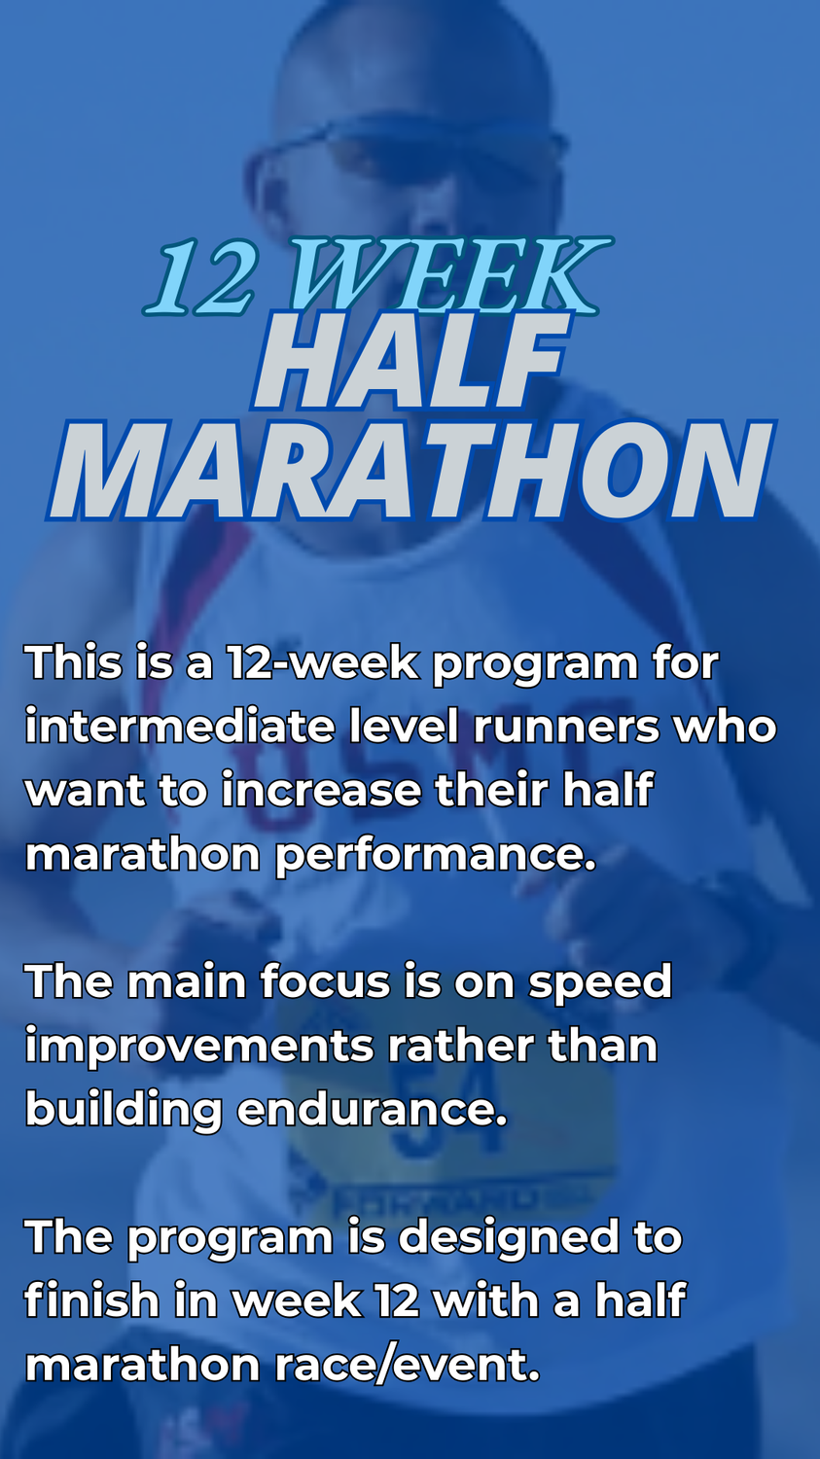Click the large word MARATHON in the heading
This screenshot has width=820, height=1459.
tap(411, 470)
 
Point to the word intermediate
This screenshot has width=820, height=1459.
tap(180, 727)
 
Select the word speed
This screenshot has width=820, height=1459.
tap(599, 982)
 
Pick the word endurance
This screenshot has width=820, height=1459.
tap(372, 1109)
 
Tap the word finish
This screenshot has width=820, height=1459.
tap(91, 1299)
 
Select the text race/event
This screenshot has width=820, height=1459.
tap(407, 1365)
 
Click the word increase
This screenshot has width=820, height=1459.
tap(322, 790)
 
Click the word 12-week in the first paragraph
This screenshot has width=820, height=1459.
tap(321, 662)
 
